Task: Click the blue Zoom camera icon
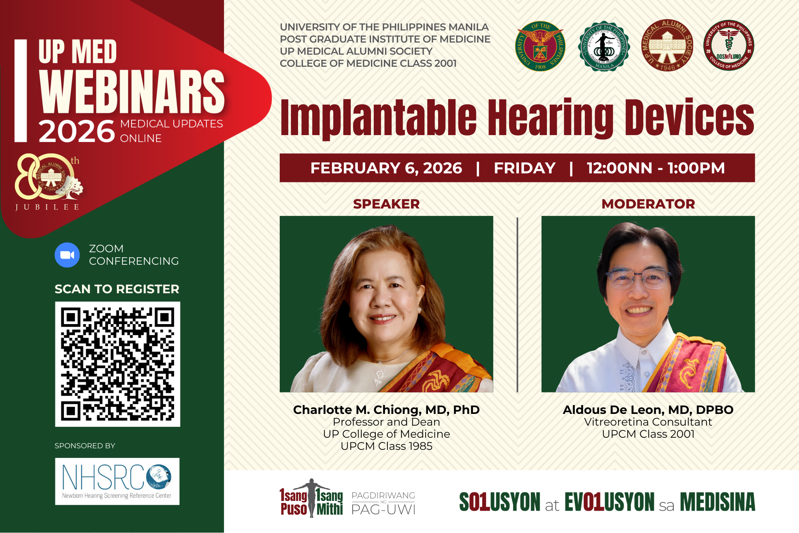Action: [x=67, y=255]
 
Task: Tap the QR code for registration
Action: [x=117, y=364]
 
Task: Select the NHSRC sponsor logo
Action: [x=117, y=481]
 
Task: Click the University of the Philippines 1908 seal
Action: [x=540, y=46]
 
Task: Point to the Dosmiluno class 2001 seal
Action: [x=728, y=45]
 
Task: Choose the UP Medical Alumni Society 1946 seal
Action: [x=667, y=45]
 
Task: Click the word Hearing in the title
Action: [x=550, y=117]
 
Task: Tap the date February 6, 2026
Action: [x=386, y=168]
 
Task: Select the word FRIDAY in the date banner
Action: [x=524, y=168]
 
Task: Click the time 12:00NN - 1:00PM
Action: [x=655, y=168]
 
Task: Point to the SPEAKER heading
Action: [x=386, y=204]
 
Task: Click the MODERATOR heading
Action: [x=648, y=204]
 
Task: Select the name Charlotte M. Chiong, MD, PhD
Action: [x=386, y=410]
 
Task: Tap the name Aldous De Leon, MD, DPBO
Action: [x=648, y=410]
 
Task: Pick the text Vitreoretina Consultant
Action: [x=648, y=422]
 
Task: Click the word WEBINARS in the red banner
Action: [x=132, y=92]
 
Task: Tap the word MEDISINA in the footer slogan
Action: [x=717, y=502]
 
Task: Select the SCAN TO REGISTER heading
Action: [x=117, y=289]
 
